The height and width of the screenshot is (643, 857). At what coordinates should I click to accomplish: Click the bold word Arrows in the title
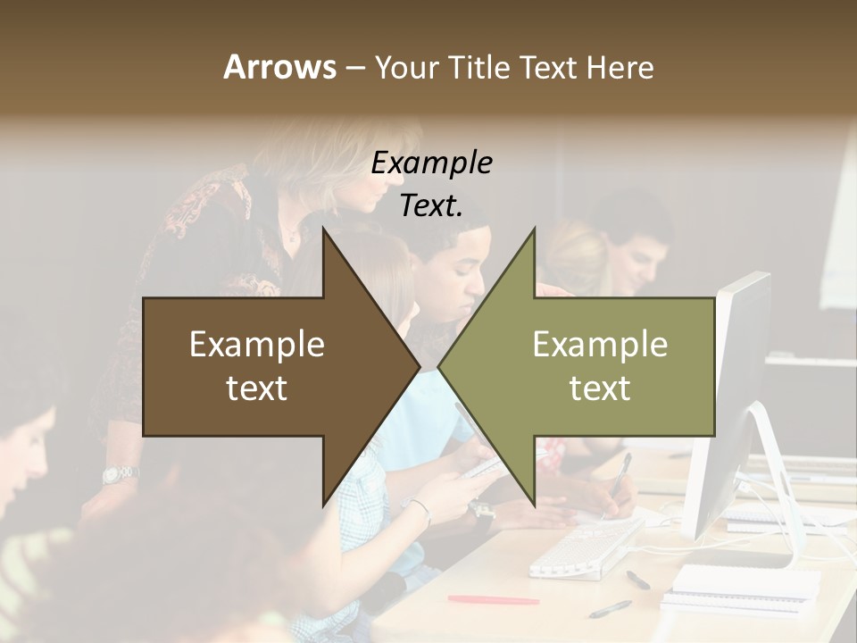click(x=279, y=67)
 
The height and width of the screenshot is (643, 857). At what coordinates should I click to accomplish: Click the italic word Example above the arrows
click(x=431, y=163)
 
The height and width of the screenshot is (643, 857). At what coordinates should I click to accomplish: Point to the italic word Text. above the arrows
click(x=431, y=206)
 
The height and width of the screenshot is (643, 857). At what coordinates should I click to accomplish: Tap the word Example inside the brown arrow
click(x=257, y=345)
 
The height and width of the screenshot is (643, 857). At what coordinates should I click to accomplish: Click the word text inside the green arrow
click(x=600, y=388)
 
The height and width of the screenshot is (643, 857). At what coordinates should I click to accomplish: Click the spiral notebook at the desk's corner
click(x=745, y=585)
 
